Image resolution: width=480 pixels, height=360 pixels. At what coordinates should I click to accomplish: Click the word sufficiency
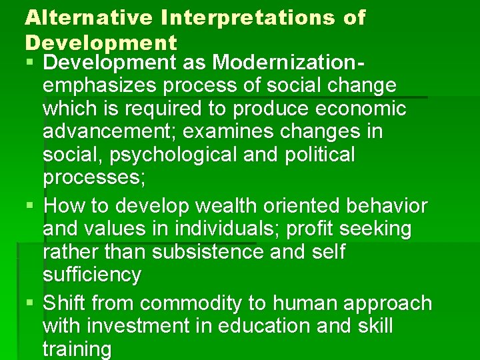tap(92, 275)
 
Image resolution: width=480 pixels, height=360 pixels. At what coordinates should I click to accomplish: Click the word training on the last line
tap(77, 349)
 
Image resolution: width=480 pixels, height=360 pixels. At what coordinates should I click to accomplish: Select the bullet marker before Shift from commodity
tap(31, 303)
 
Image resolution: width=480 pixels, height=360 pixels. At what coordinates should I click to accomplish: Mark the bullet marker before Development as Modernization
tap(31, 63)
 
